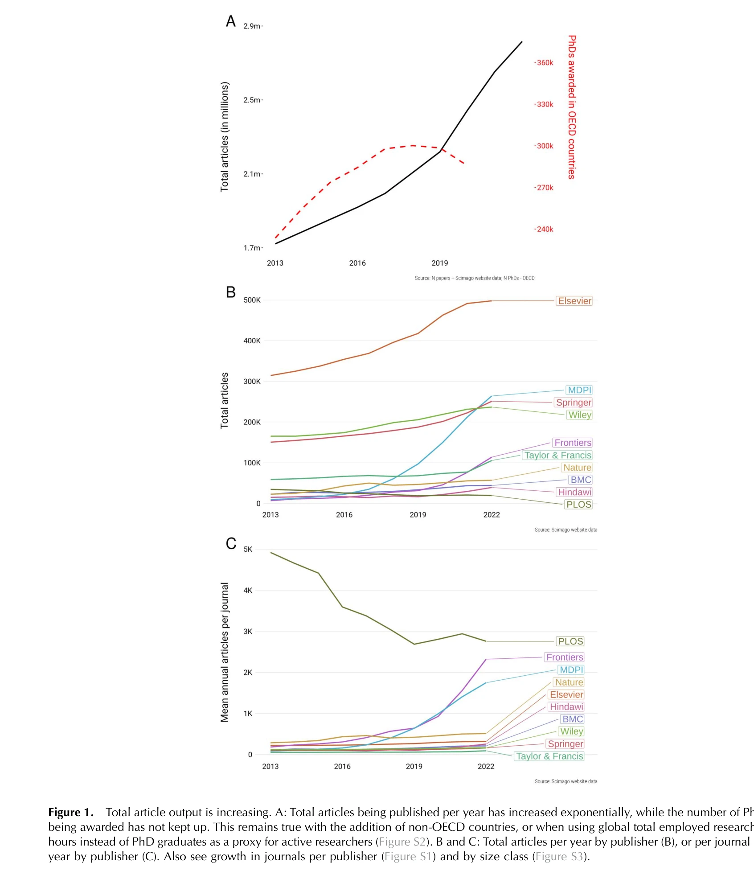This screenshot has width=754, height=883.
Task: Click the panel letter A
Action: click(230, 21)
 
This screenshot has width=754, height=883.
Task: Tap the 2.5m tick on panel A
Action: click(252, 100)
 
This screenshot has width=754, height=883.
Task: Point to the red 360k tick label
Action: click(545, 63)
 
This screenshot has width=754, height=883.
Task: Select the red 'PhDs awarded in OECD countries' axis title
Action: click(572, 107)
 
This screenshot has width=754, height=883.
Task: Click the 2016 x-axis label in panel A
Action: click(357, 263)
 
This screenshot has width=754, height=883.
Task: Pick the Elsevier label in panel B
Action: click(574, 301)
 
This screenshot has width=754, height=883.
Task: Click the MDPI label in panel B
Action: click(579, 390)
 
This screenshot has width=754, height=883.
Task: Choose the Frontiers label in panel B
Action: click(573, 443)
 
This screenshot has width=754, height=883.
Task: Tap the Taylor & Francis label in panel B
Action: click(557, 455)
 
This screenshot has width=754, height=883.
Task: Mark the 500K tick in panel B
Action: click(252, 300)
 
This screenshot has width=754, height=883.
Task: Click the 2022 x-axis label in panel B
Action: click(492, 515)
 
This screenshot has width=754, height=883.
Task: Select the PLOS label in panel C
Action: click(570, 641)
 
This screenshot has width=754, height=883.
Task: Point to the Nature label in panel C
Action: click(569, 682)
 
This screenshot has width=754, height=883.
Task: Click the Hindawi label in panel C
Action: click(566, 706)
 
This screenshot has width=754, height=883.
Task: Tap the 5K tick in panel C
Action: click(248, 549)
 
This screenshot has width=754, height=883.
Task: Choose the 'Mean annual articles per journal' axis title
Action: click(225, 652)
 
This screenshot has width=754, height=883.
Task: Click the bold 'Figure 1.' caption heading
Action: click(71, 812)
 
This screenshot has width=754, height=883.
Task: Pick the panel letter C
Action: click(231, 543)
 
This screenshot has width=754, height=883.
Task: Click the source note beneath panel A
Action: click(474, 278)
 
